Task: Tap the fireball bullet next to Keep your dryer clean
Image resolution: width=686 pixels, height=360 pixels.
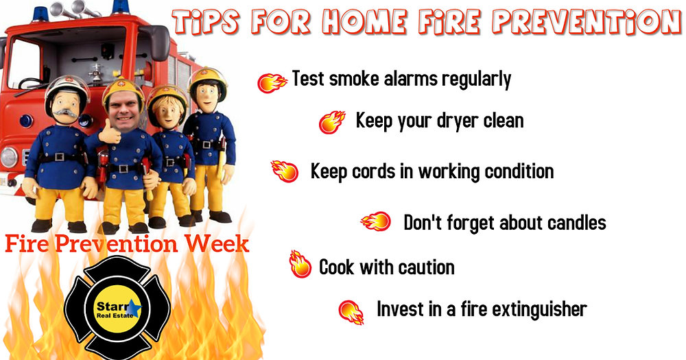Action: pyautogui.click(x=332, y=123)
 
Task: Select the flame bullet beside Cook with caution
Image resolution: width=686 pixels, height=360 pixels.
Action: pyautogui.click(x=300, y=264)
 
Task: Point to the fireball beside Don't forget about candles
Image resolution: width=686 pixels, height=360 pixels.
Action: pyautogui.click(x=375, y=221)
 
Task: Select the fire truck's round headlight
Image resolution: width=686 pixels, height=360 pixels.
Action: pyautogui.click(x=8, y=156)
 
